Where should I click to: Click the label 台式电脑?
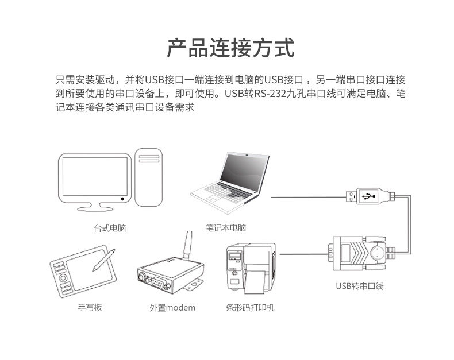(110, 228)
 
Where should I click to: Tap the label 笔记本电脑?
(225, 228)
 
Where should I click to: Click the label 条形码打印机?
(251, 307)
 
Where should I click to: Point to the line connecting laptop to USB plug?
(307, 196)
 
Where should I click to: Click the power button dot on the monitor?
(122, 199)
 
